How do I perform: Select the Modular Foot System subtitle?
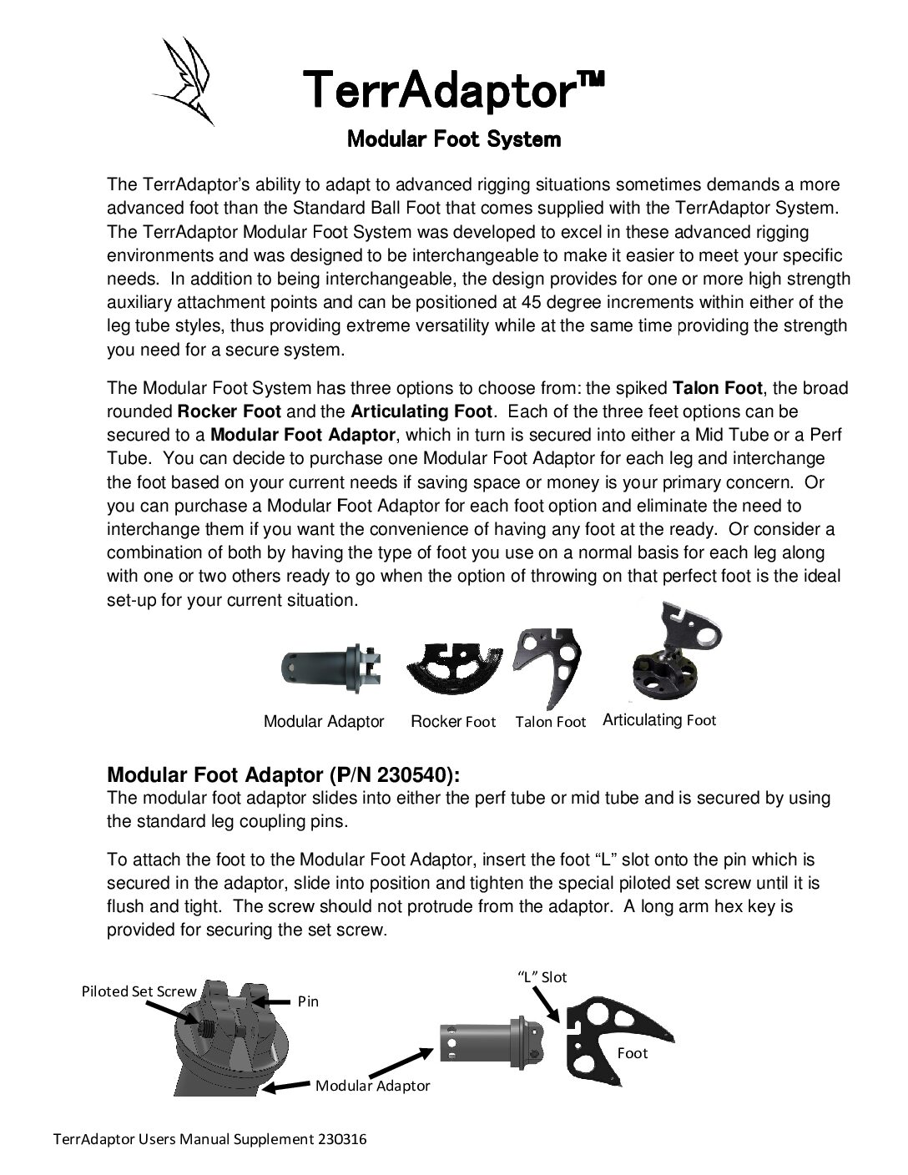(453, 139)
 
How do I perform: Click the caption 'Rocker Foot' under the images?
(453, 722)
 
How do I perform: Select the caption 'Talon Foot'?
(550, 722)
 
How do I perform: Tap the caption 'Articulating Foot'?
(659, 720)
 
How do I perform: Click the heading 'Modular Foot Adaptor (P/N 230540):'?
(284, 775)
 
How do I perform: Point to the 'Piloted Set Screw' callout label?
(139, 991)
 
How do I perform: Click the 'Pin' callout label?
(308, 1001)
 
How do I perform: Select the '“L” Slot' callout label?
(542, 976)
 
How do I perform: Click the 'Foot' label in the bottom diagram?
(632, 1053)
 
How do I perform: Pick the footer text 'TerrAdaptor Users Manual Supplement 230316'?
(210, 1139)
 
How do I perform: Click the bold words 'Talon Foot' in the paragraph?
(717, 388)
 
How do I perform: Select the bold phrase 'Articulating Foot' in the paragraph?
(422, 411)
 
